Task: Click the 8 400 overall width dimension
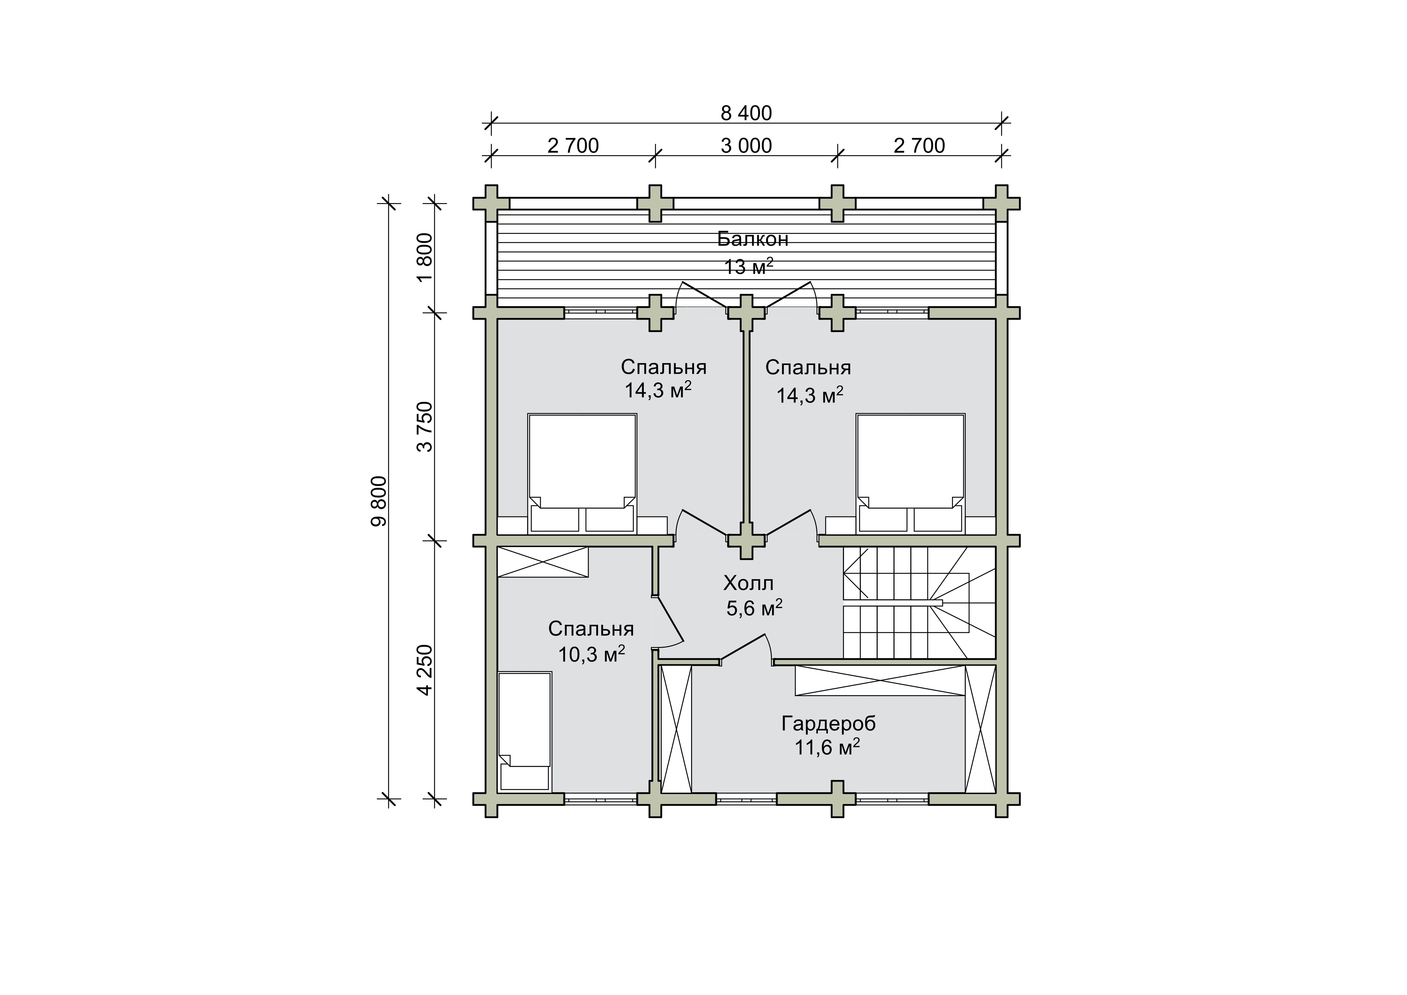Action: click(746, 113)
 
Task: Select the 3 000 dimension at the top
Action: click(746, 146)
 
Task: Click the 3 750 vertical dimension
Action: click(425, 427)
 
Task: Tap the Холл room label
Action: click(748, 582)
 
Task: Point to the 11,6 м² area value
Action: click(827, 747)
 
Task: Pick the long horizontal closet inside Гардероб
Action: click(880, 681)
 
